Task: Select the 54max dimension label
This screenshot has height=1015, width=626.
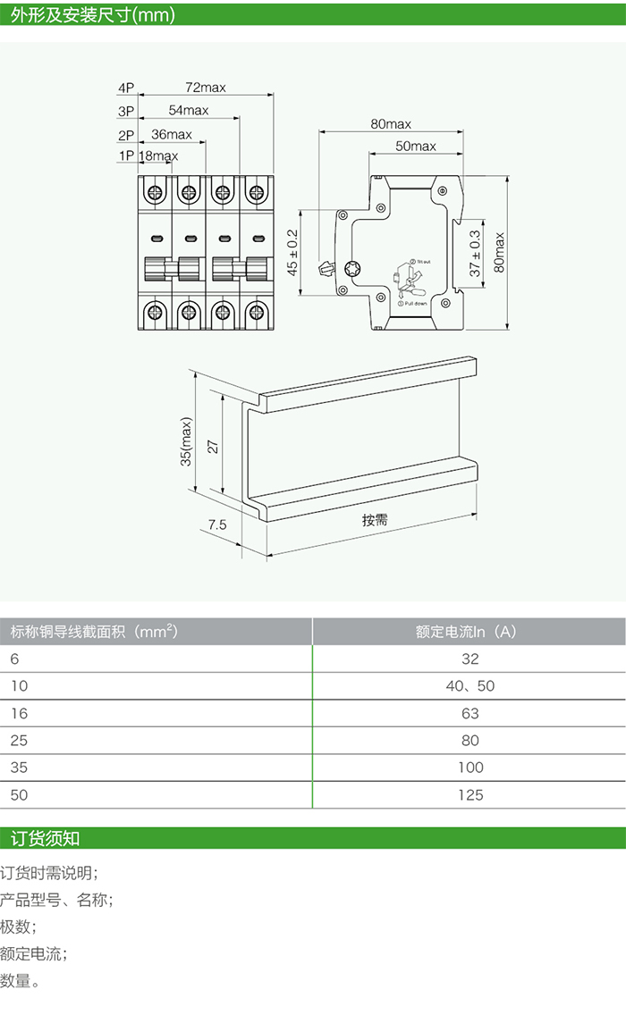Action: [188, 111]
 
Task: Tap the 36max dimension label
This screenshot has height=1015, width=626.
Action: [171, 134]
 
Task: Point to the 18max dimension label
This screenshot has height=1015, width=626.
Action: [158, 156]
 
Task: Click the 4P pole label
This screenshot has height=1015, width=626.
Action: [125, 88]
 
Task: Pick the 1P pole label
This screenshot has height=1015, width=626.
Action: [125, 156]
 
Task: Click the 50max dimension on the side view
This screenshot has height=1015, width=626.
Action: [415, 147]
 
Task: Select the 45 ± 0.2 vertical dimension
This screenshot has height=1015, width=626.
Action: [292, 253]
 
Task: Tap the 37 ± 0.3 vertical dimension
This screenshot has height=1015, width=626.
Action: [475, 253]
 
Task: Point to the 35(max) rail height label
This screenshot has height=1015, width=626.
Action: [186, 441]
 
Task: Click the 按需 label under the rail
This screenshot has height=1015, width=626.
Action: [375, 520]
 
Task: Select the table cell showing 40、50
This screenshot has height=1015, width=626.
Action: [469, 686]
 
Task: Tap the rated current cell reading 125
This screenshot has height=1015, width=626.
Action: [469, 794]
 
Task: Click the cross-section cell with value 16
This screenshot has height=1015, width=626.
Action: [19, 713]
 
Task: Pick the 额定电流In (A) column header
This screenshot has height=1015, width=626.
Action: [466, 632]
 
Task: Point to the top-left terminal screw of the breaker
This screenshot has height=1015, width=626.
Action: [155, 191]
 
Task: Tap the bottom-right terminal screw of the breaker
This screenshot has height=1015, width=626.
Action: [258, 312]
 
